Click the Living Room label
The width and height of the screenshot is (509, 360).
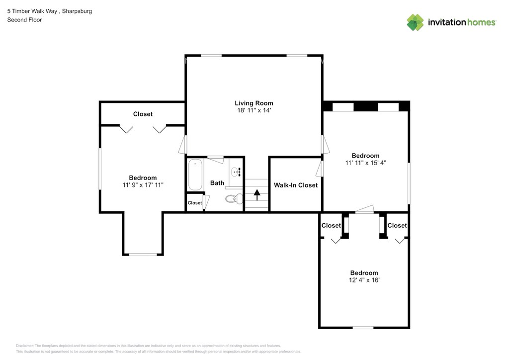[x=254, y=103]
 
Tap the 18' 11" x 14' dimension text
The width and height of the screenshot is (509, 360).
[x=254, y=110]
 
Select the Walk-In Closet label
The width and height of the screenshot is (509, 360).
[x=296, y=185]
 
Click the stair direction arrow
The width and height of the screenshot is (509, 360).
[x=257, y=195]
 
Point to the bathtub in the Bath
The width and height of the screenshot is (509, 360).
[x=195, y=175]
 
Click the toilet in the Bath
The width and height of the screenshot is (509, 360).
[x=234, y=198]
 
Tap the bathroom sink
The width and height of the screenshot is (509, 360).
[x=236, y=172]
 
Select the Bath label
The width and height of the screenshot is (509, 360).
[x=217, y=183]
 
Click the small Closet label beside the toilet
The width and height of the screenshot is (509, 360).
[x=195, y=203]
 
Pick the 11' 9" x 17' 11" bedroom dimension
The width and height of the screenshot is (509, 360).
[x=143, y=185]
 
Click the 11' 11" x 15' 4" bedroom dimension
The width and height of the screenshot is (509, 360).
[x=365, y=163]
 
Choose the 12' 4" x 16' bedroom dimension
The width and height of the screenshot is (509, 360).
[x=364, y=280]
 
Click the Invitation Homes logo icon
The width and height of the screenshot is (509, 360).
[x=415, y=22]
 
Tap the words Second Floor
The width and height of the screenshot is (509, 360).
[x=25, y=20]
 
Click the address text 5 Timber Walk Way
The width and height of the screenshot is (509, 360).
[x=32, y=11]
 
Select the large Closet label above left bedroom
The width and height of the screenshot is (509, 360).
[x=143, y=114]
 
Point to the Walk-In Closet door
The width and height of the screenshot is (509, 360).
[x=320, y=169]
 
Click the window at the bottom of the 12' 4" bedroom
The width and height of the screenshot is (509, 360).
[x=363, y=328]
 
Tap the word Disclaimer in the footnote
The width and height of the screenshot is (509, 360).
[x=24, y=346]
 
